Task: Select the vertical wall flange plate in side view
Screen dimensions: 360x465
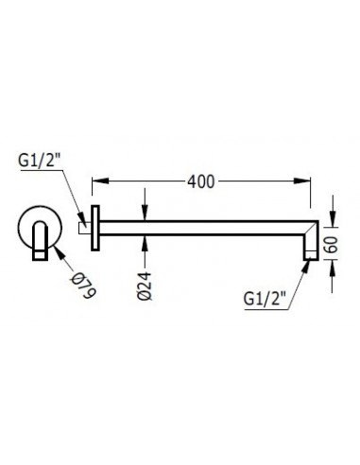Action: click(94, 228)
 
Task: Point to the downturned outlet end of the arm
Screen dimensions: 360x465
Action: click(308, 248)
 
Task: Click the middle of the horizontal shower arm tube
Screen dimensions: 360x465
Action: click(203, 228)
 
